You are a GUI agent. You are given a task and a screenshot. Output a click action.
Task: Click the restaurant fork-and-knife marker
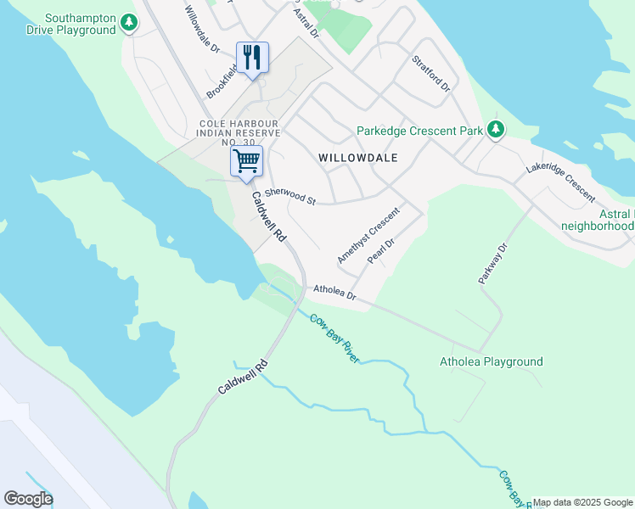coord(252,58)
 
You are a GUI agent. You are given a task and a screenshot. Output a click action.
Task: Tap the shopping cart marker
coord(246,160)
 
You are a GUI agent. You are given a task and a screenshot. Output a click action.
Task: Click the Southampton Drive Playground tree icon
coord(128,23)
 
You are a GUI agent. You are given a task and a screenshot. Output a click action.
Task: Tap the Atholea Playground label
coord(491,362)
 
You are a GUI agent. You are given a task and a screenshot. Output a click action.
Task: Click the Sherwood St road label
coord(289,196)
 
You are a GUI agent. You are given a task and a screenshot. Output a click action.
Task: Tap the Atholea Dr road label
coord(334,293)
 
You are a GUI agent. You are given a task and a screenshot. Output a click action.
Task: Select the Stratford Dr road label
coord(430,73)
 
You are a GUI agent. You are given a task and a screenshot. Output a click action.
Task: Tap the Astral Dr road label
coord(305,22)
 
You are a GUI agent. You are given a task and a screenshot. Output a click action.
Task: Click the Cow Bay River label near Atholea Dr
coord(334,338)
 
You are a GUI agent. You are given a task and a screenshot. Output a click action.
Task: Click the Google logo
coord(28,499)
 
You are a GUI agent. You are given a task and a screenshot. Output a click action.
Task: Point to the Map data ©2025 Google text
coord(582,502)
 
